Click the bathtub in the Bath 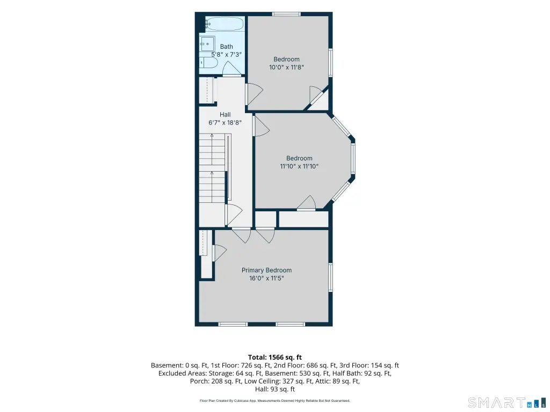click(x=224, y=24)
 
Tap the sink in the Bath click(x=207, y=44)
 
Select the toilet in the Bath click(x=209, y=63)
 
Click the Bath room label click(x=227, y=47)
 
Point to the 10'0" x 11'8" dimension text click(x=286, y=67)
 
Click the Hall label click(x=225, y=115)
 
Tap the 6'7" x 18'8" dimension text click(x=225, y=123)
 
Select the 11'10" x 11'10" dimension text click(x=299, y=166)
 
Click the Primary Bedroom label click(x=266, y=270)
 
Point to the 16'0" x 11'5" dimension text click(x=266, y=278)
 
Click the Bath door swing click(x=232, y=68)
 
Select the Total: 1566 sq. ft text click(x=275, y=357)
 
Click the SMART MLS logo click(x=507, y=402)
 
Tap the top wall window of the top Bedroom click(x=286, y=14)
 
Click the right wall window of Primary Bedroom click(x=330, y=277)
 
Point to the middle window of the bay click(x=353, y=159)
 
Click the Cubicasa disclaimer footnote click(x=275, y=400)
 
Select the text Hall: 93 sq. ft click(x=275, y=389)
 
